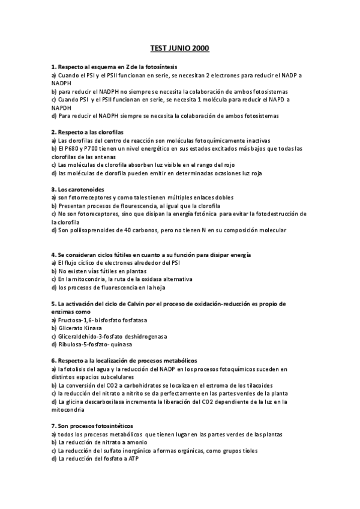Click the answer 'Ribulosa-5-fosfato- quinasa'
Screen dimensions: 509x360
(91, 345)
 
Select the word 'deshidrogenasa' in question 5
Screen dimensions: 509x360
(147, 337)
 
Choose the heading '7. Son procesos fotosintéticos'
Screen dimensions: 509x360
(92, 426)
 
